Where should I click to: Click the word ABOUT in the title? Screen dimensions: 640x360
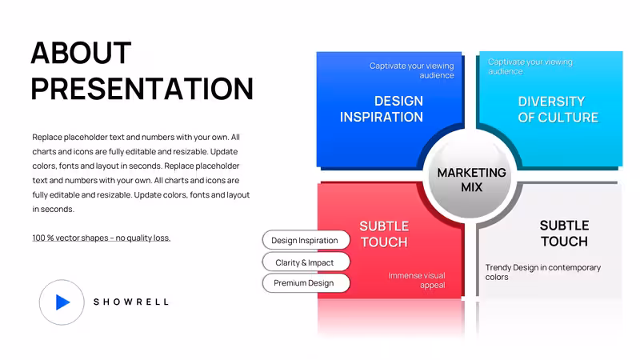coord(81,53)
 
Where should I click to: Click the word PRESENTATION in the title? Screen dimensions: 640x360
coord(142,89)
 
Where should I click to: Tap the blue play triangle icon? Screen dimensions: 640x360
coord(62,302)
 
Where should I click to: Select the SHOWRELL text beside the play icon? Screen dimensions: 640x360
coord(131,302)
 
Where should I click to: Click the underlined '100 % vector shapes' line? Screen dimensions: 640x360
coord(102,238)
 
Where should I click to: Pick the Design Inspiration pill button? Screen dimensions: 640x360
coord(306,241)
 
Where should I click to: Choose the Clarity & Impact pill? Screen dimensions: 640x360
coord(306,262)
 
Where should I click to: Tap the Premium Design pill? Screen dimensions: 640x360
coord(306,283)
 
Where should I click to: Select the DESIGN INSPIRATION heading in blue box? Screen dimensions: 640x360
coord(382,109)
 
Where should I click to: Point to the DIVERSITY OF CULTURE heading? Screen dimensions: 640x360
coord(558,110)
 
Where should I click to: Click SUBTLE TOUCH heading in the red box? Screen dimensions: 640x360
coord(384,234)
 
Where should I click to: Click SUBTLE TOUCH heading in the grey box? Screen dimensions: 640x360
coord(564,234)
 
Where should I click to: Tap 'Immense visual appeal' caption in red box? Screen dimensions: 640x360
coord(417,281)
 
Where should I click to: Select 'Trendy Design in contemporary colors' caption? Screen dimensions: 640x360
coord(543,272)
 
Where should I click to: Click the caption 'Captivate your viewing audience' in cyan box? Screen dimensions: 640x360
coord(530,66)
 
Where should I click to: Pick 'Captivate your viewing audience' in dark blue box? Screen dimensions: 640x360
coord(411,70)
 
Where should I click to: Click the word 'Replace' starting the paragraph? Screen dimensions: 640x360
coord(47,137)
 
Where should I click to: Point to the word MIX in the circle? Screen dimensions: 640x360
coord(471,187)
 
